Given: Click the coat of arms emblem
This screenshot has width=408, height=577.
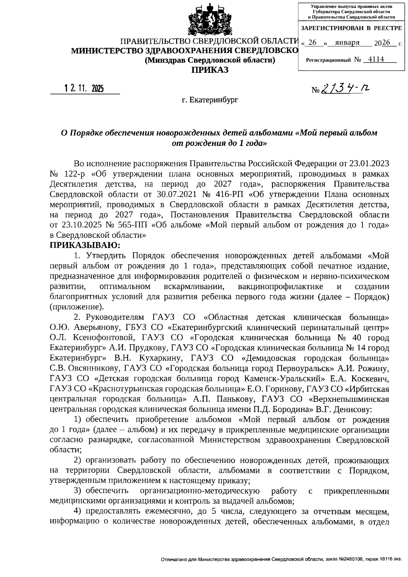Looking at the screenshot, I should pyautogui.click(x=206, y=21).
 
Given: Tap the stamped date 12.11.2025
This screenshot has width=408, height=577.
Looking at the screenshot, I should pyautogui.click(x=84, y=89).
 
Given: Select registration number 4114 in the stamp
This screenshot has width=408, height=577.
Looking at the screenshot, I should pyautogui.click(x=376, y=60).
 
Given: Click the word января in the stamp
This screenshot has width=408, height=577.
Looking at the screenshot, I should pyautogui.click(x=347, y=43).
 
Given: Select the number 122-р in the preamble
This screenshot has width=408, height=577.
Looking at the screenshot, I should pyautogui.click(x=73, y=174).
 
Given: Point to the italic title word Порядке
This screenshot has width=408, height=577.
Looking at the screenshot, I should pyautogui.click(x=86, y=133).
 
